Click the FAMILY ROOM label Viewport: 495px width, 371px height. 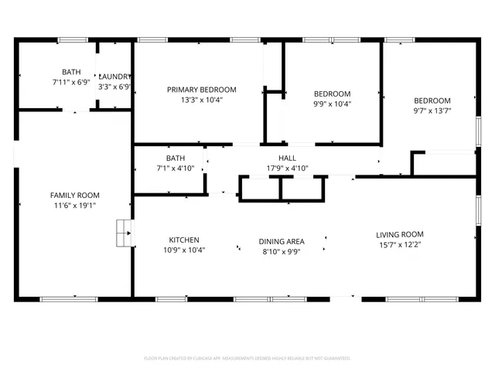pyautogui.click(x=75, y=195)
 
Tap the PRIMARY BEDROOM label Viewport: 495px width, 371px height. pyautogui.click(x=202, y=90)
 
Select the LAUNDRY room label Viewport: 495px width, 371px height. pyautogui.click(x=115, y=76)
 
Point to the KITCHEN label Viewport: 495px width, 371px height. pyautogui.click(x=183, y=240)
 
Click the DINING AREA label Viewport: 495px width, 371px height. pyautogui.click(x=281, y=241)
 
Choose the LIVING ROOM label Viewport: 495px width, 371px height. pyautogui.click(x=399, y=234)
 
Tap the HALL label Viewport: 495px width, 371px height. pyautogui.click(x=277, y=158)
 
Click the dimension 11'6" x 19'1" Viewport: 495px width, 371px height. pyautogui.click(x=75, y=206)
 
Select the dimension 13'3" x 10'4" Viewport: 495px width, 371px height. pyautogui.click(x=202, y=100)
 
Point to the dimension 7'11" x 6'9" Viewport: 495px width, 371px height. pyautogui.click(x=71, y=82)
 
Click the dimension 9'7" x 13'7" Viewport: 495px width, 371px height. pyautogui.click(x=432, y=111)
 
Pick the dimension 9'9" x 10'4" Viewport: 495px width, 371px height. pyautogui.click(x=332, y=104)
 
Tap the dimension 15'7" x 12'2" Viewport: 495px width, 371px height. pyautogui.click(x=399, y=245)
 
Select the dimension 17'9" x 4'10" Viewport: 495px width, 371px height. pyautogui.click(x=277, y=168)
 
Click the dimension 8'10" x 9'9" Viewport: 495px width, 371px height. pyautogui.click(x=281, y=251)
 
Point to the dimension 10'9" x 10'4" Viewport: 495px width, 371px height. pyautogui.click(x=183, y=250)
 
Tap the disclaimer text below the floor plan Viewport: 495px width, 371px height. pyautogui.click(x=247, y=358)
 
